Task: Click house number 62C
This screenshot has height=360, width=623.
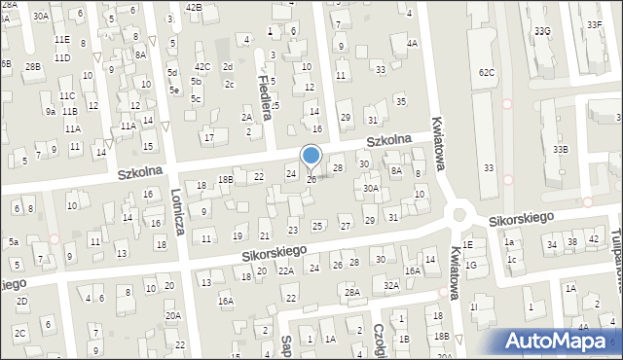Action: pos(487,72)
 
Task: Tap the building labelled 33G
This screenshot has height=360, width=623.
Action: pos(542,32)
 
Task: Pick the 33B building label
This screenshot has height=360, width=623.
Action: pos(560,149)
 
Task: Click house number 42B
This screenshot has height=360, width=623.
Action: pos(194,8)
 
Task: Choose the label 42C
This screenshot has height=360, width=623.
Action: pos(202,66)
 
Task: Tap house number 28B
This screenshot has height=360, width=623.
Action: pos(33,66)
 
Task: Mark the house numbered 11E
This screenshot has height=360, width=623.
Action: pos(62,39)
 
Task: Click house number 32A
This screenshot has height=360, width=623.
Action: pos(391,285)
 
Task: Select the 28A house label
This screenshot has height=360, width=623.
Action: pos(352,292)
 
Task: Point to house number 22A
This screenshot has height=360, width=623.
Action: pos(285,270)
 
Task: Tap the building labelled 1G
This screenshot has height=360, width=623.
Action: pos(471,265)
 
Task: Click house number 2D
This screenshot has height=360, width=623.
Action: pos(21,302)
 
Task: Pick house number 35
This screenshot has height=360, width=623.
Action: pos(399,101)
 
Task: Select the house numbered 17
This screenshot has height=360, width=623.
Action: pos(209,137)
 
